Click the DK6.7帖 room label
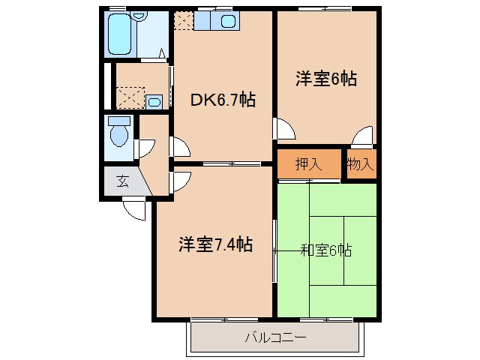[x=222, y=99]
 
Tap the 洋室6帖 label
[x=325, y=78]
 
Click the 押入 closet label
[x=308, y=165]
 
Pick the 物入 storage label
[x=360, y=165]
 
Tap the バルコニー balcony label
[x=275, y=338]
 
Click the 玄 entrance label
[x=121, y=180]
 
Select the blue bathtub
[x=119, y=34]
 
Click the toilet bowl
[x=118, y=135]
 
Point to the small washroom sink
[x=154, y=101]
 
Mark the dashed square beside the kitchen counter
[x=183, y=21]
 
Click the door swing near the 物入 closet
[x=363, y=137]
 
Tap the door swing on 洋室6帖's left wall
[x=283, y=130]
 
